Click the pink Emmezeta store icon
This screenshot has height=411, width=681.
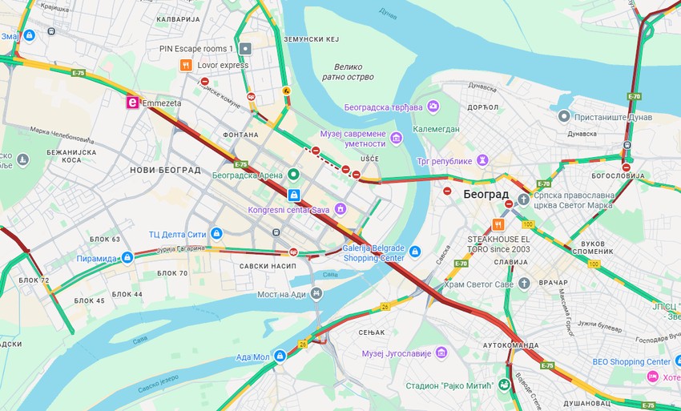point(133,103)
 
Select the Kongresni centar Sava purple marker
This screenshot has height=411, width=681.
point(340,209)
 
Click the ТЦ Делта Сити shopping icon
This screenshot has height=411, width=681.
point(216,234)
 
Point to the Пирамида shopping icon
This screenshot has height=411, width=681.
point(127,258)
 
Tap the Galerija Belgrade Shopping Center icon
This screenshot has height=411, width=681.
point(414,252)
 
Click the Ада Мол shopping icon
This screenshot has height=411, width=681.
point(280,356)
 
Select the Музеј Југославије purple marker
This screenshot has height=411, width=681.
point(441,353)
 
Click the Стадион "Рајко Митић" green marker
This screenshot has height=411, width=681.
point(502,385)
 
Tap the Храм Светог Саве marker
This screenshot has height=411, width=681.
point(524,284)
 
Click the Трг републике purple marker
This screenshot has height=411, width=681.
point(482,161)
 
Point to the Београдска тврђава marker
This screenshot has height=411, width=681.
point(433,107)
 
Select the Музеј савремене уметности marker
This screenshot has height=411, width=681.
point(396,139)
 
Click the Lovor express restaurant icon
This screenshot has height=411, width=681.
point(186,65)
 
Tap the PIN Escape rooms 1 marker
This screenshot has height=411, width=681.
point(246,49)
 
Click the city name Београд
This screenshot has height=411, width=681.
point(486,195)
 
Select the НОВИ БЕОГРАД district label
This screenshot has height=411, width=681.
point(165,170)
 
